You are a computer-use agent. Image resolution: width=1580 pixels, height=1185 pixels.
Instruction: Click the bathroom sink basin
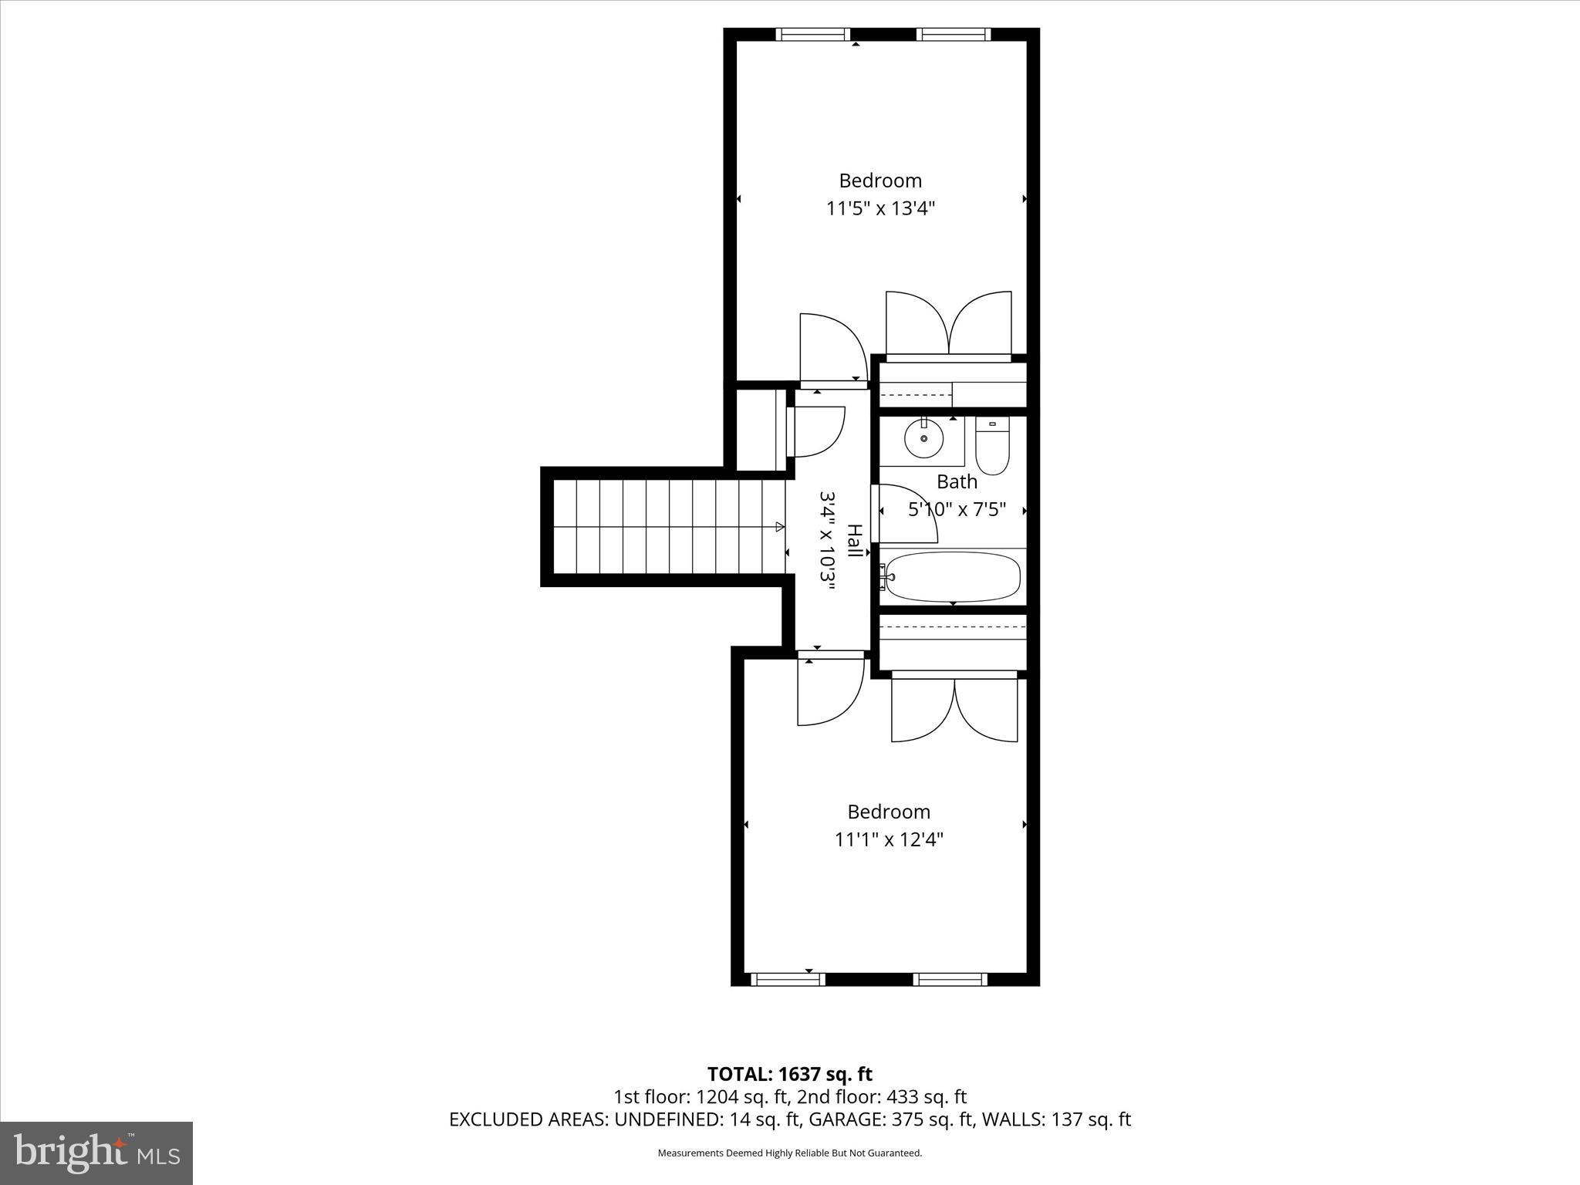click(923, 439)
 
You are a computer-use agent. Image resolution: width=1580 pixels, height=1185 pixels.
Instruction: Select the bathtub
click(953, 576)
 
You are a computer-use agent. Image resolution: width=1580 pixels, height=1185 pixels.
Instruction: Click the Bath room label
click(957, 482)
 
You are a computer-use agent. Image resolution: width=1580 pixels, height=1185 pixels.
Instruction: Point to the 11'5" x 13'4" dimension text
click(880, 208)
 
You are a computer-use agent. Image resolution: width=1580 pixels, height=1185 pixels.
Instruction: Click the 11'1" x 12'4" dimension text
click(889, 839)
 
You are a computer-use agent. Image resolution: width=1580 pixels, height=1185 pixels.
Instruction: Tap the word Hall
click(854, 540)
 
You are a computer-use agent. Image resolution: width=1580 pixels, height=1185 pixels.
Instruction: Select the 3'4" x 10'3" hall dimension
click(827, 540)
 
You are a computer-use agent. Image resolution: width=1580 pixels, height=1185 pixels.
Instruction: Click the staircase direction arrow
click(779, 527)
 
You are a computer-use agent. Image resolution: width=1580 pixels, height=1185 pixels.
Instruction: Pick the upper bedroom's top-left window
click(812, 34)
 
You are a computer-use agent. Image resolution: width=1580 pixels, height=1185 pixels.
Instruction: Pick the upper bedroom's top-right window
click(953, 34)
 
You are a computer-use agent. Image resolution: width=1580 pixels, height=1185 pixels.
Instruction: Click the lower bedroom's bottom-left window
click(788, 979)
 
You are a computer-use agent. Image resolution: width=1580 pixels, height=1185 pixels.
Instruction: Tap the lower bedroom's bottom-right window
click(950, 979)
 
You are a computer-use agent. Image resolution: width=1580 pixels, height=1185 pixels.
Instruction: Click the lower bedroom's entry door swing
click(829, 690)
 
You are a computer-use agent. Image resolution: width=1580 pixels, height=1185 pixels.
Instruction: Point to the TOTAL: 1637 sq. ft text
click(789, 1074)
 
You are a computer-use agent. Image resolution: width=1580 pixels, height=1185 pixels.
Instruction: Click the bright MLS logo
click(96, 1153)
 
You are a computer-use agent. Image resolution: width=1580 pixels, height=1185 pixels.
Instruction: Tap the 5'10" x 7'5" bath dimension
click(957, 510)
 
